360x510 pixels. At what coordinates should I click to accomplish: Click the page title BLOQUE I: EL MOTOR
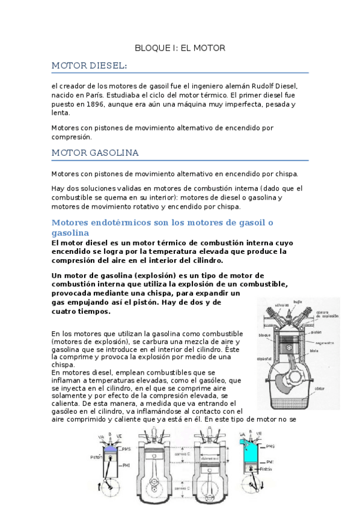point(180,48)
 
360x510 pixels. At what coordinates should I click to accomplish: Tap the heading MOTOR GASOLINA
point(95,153)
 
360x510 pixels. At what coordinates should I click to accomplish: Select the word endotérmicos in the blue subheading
point(114,223)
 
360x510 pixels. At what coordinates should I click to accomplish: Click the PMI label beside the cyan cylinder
point(269,461)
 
